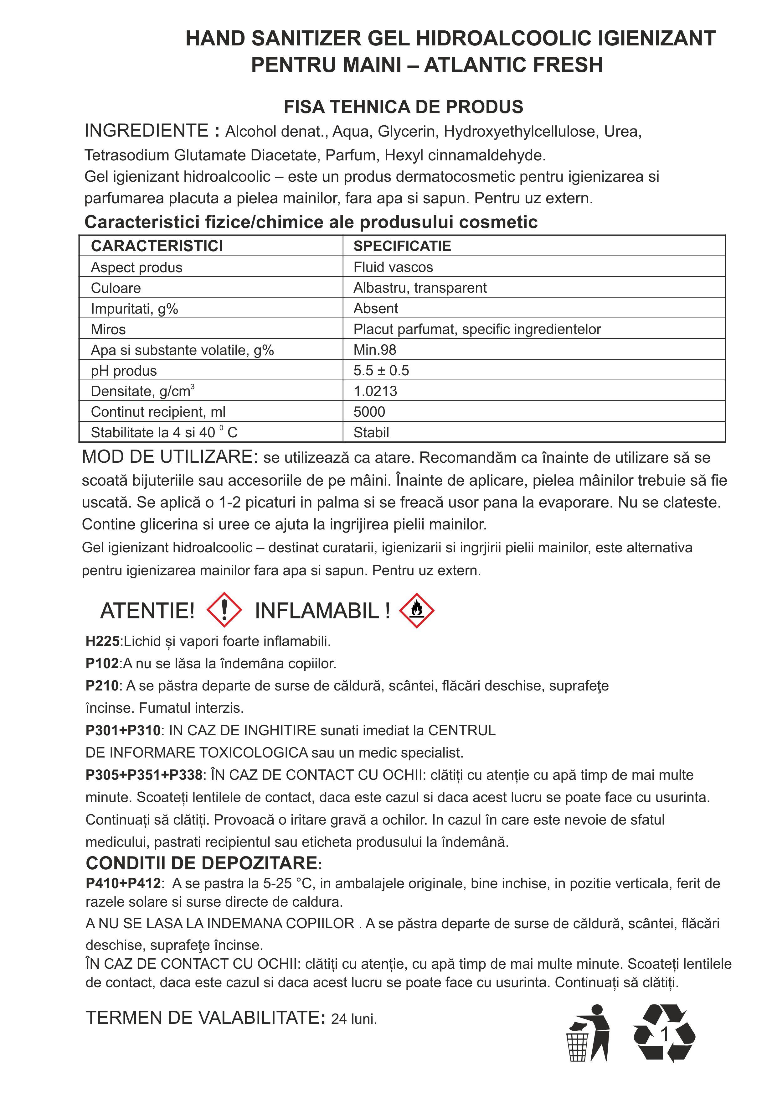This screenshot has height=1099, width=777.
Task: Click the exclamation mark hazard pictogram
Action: (224, 610)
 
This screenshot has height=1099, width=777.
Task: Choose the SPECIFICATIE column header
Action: (402, 246)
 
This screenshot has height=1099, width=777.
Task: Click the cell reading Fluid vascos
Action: (393, 267)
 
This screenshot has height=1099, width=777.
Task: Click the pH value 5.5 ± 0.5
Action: (381, 371)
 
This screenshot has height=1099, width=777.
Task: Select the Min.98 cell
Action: (375, 350)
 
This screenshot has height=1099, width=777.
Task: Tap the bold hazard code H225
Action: (102, 641)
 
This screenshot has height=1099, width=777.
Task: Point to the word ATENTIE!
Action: (147, 611)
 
